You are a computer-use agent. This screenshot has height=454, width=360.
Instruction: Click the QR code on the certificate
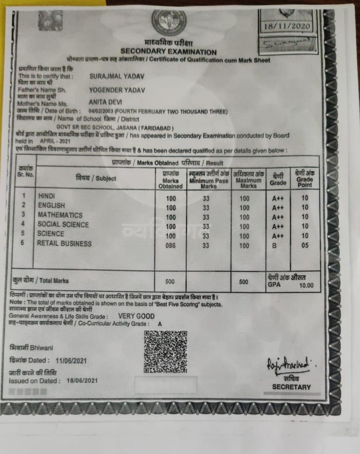pos(165,351)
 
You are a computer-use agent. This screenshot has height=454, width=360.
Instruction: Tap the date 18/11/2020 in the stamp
pos(287,26)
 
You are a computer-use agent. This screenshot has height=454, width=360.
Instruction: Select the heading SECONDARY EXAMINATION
pos(168,52)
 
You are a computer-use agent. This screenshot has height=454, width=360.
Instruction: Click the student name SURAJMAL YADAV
pos(117,76)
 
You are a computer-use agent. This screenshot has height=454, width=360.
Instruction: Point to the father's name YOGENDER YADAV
pos(117,90)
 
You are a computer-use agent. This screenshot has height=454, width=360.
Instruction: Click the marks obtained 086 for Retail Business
pos(170,245)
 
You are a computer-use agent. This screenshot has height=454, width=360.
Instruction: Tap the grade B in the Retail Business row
pos(274,245)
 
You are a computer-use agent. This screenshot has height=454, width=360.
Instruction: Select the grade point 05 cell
pos(305,245)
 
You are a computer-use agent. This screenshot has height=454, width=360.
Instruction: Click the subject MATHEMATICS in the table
pos(60,215)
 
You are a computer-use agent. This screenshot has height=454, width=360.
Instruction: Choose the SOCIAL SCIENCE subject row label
pos(63,225)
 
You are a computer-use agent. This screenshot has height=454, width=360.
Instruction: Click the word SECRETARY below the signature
pos(291,387)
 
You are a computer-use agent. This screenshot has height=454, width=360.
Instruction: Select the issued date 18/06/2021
pos(82,381)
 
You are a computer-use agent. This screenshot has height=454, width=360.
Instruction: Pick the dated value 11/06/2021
pos(71,361)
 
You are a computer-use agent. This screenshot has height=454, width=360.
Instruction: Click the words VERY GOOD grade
pos(136,316)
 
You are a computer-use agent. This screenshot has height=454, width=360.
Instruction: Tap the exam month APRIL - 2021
pos(55,141)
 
